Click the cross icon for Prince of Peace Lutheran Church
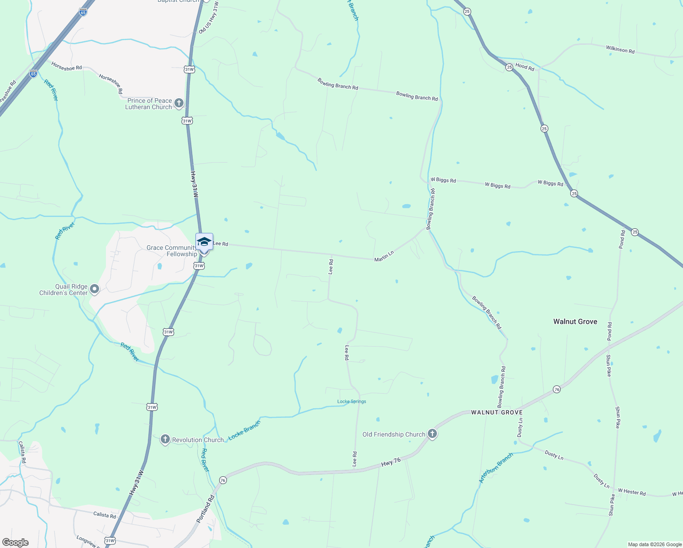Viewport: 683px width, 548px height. coord(179,103)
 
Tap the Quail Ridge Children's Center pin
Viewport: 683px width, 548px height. coord(95,289)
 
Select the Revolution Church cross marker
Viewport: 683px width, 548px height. coord(165,439)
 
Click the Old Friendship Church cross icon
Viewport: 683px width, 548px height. coord(432,434)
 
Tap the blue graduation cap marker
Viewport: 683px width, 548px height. coord(204,242)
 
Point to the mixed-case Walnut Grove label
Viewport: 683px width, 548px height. coord(575,321)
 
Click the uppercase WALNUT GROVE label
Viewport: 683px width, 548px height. coord(497,412)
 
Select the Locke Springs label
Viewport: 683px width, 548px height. coord(352,401)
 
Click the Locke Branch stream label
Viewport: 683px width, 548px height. coord(244,430)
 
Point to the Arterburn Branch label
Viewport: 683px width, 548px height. coord(496,468)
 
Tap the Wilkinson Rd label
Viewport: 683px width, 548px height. coord(620,49)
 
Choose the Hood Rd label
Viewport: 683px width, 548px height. coord(525,67)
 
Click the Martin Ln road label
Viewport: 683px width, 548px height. coord(384,256)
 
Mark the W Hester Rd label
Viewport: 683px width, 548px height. coord(632,493)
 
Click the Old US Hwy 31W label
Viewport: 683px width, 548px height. coord(209,17)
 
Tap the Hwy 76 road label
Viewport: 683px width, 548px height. coord(391,462)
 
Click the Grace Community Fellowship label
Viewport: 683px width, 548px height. coord(172,251)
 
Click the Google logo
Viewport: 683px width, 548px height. coord(15,543)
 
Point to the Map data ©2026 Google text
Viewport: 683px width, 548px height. coord(654,544)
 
